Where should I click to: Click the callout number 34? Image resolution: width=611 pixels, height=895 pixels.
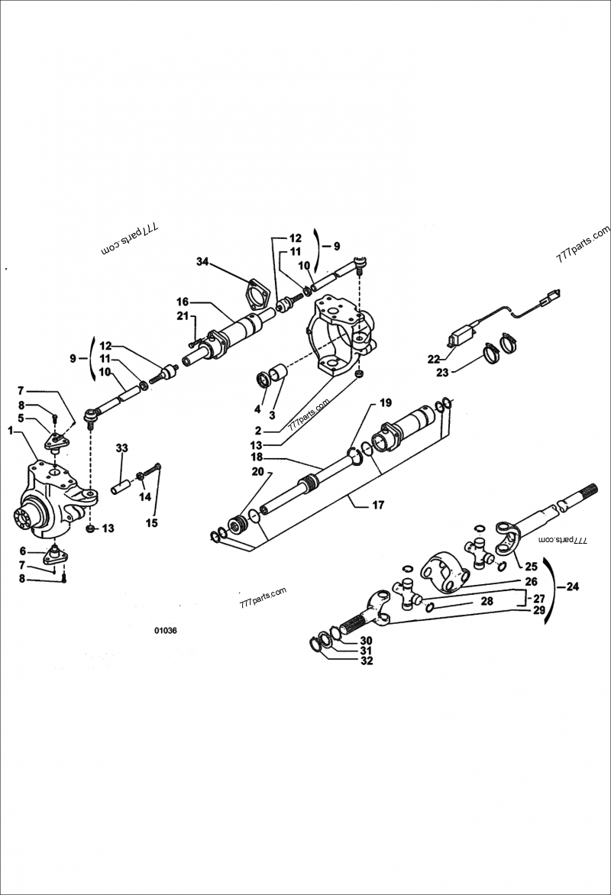[x=202, y=261]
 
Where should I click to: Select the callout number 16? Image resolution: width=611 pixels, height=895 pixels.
[x=183, y=301]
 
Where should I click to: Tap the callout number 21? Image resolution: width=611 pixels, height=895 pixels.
[x=182, y=316]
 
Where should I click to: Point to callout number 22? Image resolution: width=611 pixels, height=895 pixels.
[x=434, y=359]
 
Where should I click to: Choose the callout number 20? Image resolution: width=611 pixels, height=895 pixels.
[x=257, y=472]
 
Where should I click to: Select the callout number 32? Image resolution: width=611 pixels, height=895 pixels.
[x=366, y=661]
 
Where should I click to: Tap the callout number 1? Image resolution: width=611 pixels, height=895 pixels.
[x=11, y=431]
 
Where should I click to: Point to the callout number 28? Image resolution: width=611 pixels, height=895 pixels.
[x=487, y=602]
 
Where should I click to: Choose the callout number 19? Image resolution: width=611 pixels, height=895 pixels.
[x=385, y=402]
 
